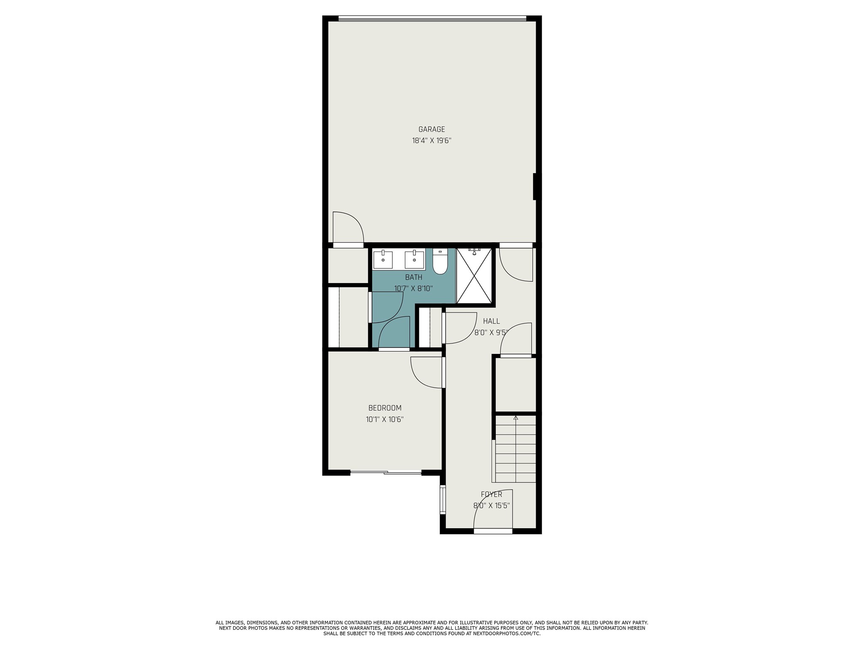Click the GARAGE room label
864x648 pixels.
[432, 130]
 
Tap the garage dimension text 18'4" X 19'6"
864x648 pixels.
[432, 141]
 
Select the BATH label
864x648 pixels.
[413, 278]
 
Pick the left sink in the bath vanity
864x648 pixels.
[383, 259]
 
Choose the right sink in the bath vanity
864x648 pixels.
[414, 259]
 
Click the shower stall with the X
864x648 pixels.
[474, 276]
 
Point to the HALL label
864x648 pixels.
[491, 321]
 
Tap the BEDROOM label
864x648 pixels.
[385, 408]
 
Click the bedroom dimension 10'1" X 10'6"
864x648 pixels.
[385, 419]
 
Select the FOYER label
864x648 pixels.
[491, 494]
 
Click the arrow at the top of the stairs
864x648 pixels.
[516, 418]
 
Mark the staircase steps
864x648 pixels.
[516, 449]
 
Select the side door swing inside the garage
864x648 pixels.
[348, 227]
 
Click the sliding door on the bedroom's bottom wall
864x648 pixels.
[386, 472]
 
